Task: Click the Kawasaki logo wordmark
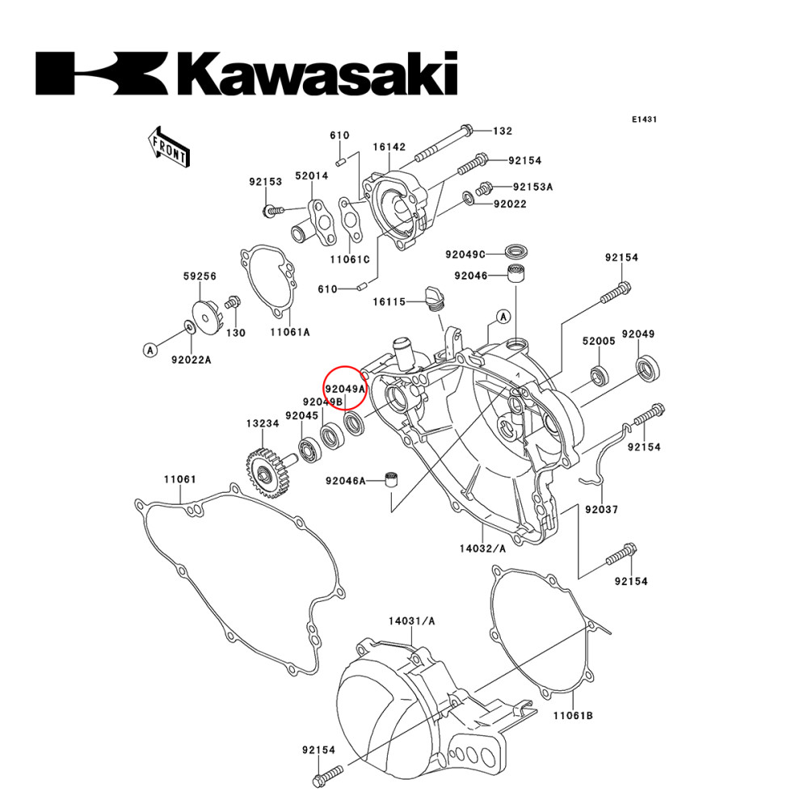[x=246, y=74]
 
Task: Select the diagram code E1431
[x=644, y=119]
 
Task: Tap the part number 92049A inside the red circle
[x=345, y=389]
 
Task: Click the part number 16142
[x=389, y=147]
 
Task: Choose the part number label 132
[x=503, y=131]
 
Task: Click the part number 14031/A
[x=411, y=621]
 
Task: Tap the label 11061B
[x=574, y=716]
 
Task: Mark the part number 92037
[x=601, y=510]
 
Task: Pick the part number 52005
[x=599, y=341]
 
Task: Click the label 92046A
[x=345, y=481]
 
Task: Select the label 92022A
[x=191, y=360]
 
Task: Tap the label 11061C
[x=349, y=259]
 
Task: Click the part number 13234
[x=263, y=423]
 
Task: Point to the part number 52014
[x=311, y=175]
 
